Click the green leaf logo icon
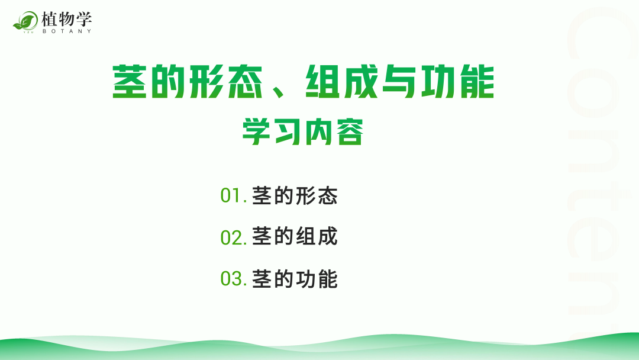25,21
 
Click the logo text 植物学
67,19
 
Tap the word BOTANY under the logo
67,31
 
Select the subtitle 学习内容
303,131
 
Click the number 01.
233,195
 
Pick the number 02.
233,237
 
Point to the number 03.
233,279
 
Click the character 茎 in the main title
130,82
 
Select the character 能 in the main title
477,82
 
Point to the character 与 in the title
400,82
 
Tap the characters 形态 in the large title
226,82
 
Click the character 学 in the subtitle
256,131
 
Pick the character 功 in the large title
438,82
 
